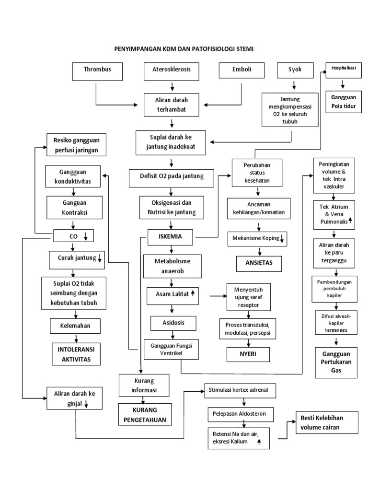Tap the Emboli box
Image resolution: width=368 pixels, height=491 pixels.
[242, 71]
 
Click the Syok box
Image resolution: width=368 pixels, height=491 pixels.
[295, 70]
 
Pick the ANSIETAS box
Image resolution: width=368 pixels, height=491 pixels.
[261, 263]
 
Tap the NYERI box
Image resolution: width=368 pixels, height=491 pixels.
[248, 355]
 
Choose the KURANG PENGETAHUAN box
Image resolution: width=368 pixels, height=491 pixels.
[145, 415]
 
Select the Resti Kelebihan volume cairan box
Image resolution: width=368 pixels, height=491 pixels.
[326, 422]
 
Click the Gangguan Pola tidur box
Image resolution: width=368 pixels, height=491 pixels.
[344, 102]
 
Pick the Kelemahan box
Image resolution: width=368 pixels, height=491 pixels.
[78, 327]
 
